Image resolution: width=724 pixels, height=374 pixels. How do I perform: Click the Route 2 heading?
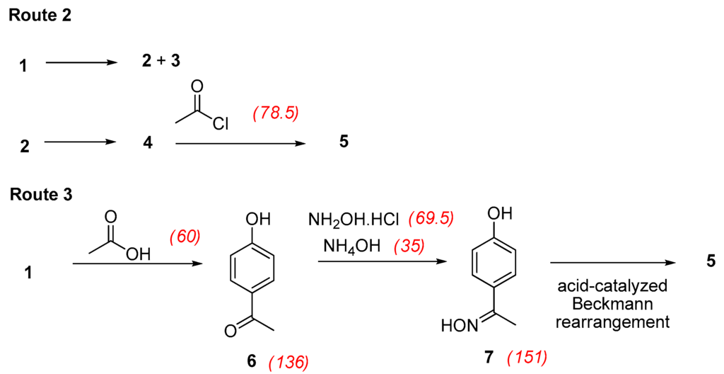click(x=40, y=16)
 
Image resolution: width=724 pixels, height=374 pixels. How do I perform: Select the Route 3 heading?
click(x=41, y=193)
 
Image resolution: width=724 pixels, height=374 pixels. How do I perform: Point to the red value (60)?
click(x=186, y=237)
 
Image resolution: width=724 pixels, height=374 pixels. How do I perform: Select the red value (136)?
click(x=288, y=363)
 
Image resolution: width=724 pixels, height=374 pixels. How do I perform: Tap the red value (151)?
click(x=527, y=357)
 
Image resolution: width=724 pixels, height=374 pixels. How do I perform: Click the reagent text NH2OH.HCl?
click(x=354, y=220)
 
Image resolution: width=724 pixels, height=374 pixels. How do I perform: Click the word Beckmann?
click(x=612, y=305)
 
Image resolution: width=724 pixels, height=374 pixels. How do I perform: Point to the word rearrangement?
click(x=612, y=322)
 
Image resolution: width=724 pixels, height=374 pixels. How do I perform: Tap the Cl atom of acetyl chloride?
click(x=219, y=124)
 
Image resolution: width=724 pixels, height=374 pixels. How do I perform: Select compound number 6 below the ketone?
click(x=251, y=361)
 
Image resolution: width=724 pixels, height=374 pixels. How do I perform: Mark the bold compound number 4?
click(x=147, y=142)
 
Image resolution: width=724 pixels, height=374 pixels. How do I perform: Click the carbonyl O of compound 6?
click(x=230, y=329)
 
